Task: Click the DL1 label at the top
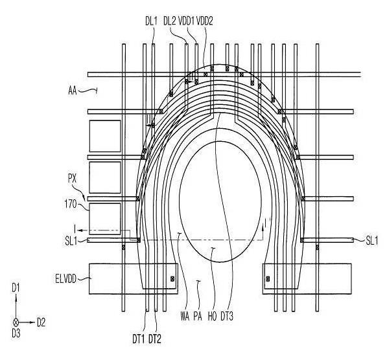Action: point(151,21)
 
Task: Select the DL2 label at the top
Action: point(170,21)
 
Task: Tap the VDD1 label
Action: point(186,21)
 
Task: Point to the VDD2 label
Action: point(205,21)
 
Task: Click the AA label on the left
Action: point(73,91)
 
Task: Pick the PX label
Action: point(73,179)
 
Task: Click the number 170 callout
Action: point(71,204)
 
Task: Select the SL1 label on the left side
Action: point(71,241)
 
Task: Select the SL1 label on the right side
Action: point(371,241)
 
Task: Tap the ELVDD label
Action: point(66,279)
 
